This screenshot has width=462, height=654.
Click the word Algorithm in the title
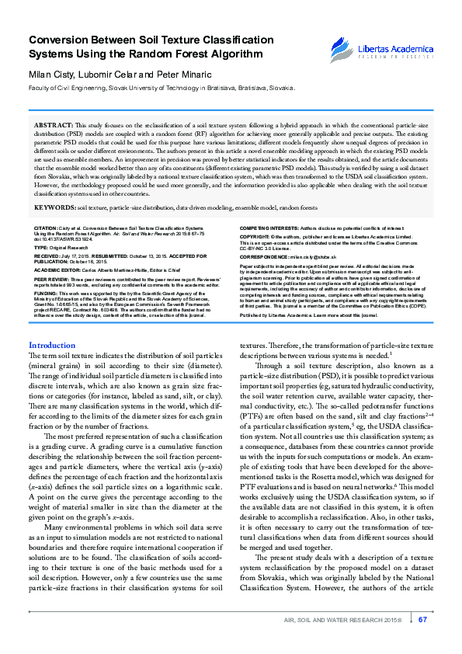point(236,54)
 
